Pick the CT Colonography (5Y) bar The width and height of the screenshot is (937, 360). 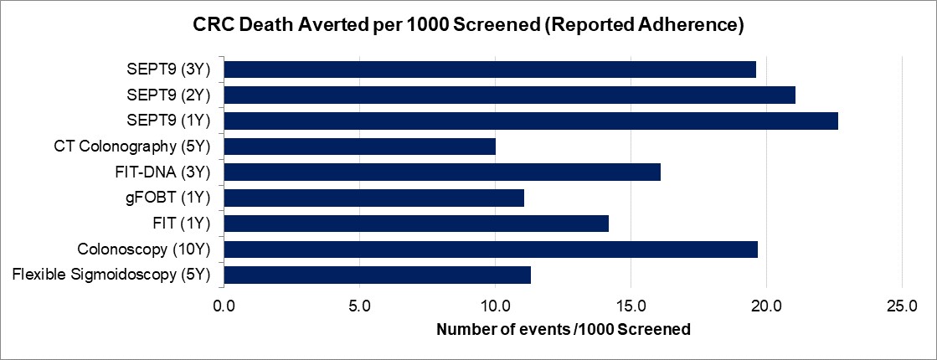360,147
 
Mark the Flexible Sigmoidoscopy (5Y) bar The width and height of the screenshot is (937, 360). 378,275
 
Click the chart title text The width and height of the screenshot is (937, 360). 468,26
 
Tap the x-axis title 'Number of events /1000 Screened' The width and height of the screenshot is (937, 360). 564,329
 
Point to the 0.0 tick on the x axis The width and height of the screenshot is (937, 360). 224,306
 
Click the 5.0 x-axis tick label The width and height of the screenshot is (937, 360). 360,306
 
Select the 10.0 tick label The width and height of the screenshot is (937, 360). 495,306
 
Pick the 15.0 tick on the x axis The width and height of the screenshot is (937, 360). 631,306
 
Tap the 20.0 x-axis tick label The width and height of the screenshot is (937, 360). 766,306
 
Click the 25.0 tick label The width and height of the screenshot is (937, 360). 901,306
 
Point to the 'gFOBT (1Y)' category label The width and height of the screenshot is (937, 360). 172,198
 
